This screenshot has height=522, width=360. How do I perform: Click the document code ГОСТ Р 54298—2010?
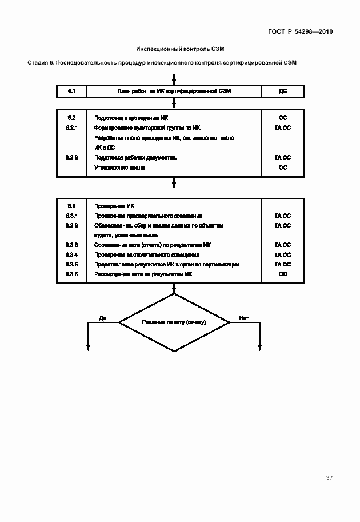(301, 32)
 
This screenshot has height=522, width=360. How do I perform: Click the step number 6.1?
(72, 90)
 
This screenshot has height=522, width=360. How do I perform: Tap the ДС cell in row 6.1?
(282, 91)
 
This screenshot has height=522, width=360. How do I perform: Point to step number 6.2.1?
(72, 127)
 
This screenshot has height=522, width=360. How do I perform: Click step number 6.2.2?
(72, 157)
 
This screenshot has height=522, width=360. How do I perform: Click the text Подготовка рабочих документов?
(136, 157)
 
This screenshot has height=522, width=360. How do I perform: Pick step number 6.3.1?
(72, 216)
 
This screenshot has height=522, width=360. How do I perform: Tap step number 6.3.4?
(72, 254)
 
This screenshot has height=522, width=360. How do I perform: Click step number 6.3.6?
(72, 274)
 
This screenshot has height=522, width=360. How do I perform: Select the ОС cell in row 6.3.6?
(282, 274)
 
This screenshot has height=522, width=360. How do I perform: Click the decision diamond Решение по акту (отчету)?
(174, 323)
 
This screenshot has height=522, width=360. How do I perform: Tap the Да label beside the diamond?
(103, 317)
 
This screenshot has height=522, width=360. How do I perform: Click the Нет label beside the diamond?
(243, 317)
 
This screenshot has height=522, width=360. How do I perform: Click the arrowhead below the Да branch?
(89, 347)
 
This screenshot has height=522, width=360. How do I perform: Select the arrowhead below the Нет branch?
(259, 347)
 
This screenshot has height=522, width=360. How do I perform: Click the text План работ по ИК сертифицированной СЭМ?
(174, 91)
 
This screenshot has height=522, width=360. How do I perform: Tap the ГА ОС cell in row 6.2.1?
(282, 127)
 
